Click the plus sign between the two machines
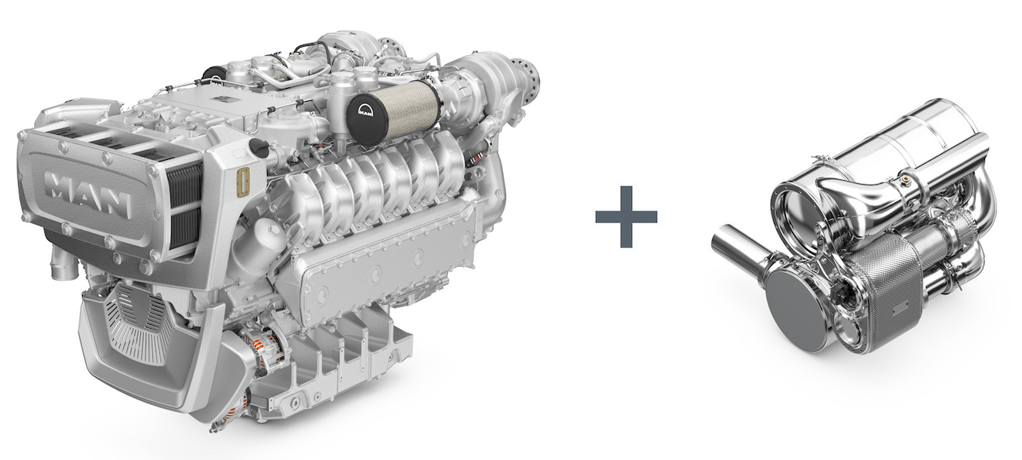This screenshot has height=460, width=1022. click(x=626, y=216)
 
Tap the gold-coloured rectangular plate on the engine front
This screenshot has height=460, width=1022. click(x=244, y=183)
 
